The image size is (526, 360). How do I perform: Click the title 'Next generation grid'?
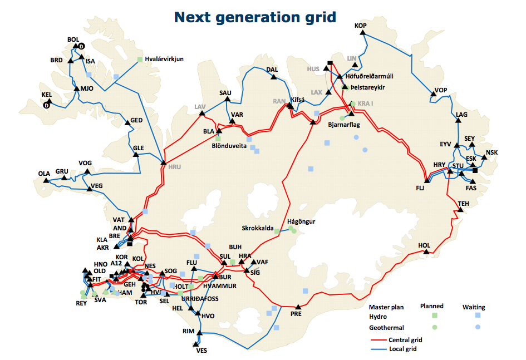tap(255, 17)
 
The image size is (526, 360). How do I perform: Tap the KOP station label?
tap(361, 26)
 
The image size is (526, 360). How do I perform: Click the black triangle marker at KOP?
tap(362, 33)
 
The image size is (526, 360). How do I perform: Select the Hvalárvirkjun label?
tap(164, 58)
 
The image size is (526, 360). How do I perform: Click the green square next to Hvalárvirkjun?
tap(140, 58)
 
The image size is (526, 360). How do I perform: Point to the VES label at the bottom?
tap(201, 351)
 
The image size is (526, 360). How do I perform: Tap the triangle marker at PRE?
tap(298, 306)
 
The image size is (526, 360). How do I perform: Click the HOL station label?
tap(424, 245)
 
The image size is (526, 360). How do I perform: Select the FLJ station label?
tap(420, 188)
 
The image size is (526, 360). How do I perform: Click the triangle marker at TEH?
tap(460, 210)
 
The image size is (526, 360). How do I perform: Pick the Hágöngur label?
tap(302, 221)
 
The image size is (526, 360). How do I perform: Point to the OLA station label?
tap(44, 173)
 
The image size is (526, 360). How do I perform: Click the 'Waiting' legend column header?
tap(474, 307)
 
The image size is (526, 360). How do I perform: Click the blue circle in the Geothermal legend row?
tap(478, 327)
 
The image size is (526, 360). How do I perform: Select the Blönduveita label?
tap(229, 147)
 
